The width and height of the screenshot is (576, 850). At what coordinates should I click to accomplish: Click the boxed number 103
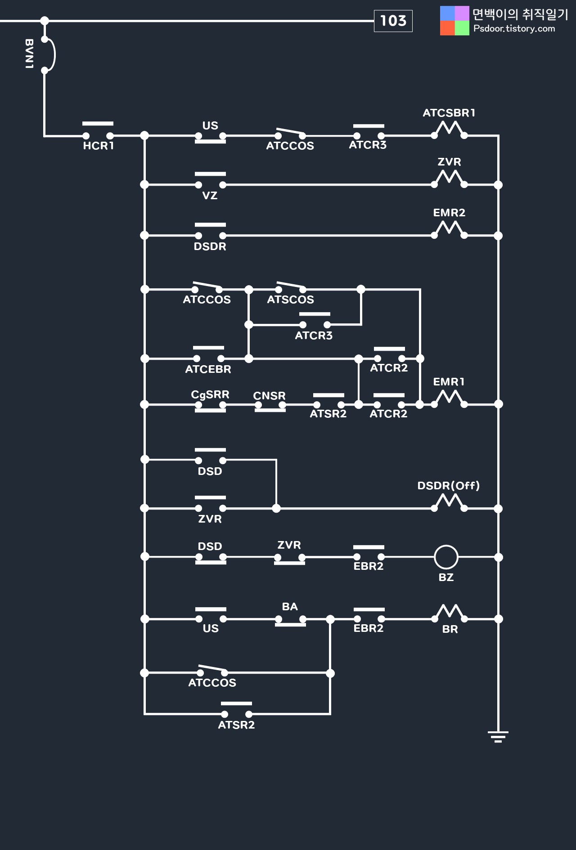[393, 21]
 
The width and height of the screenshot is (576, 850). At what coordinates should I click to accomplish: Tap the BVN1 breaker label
[29, 54]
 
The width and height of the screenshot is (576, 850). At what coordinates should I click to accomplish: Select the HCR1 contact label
[99, 146]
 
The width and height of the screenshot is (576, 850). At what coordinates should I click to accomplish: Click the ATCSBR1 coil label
[449, 113]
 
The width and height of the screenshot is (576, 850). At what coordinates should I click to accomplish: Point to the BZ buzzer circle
[446, 557]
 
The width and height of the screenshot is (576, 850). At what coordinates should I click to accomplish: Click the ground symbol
[498, 736]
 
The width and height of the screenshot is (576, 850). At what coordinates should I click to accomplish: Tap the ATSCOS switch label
[290, 300]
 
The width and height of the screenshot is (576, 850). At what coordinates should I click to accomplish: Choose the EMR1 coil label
[449, 382]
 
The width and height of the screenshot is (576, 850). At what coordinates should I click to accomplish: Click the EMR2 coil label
[449, 213]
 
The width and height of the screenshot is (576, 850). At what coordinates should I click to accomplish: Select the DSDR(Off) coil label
[448, 486]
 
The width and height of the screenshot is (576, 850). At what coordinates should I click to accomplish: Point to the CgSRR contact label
[210, 394]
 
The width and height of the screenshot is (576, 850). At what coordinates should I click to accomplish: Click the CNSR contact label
[269, 396]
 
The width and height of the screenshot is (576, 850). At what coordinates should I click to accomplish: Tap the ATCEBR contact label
[208, 369]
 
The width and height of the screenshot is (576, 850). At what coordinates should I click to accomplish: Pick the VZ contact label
[210, 196]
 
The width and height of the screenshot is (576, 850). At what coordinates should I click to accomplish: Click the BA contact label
[290, 607]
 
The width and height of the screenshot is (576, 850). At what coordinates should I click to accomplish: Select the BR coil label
[450, 629]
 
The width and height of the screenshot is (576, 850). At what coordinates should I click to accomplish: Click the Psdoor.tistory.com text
[514, 29]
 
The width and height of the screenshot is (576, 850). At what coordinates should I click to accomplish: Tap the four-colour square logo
[454, 21]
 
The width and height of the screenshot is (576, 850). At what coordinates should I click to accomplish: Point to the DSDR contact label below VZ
[210, 246]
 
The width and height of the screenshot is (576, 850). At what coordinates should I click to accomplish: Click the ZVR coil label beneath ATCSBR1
[449, 162]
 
